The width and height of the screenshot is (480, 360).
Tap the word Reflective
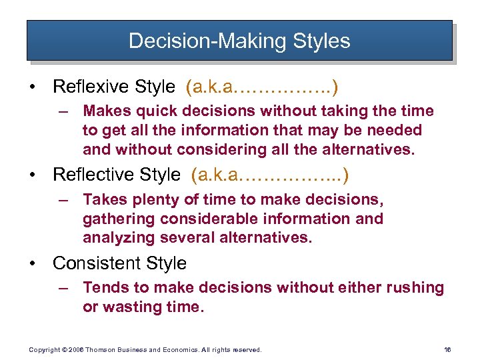(92, 175)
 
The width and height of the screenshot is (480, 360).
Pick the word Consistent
(93, 263)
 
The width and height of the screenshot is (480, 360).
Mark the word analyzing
(113, 237)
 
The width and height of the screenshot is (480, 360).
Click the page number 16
(447, 349)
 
